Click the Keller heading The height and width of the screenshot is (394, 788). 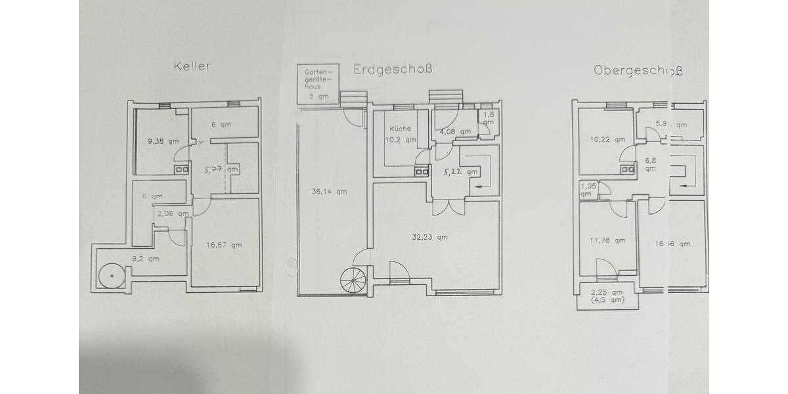(192, 66)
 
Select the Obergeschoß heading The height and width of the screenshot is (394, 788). (638, 70)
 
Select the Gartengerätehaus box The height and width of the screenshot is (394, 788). (318, 84)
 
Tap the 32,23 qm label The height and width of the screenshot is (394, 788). (430, 237)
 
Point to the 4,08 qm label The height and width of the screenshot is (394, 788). (456, 131)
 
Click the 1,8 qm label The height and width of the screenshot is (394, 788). (489, 118)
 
